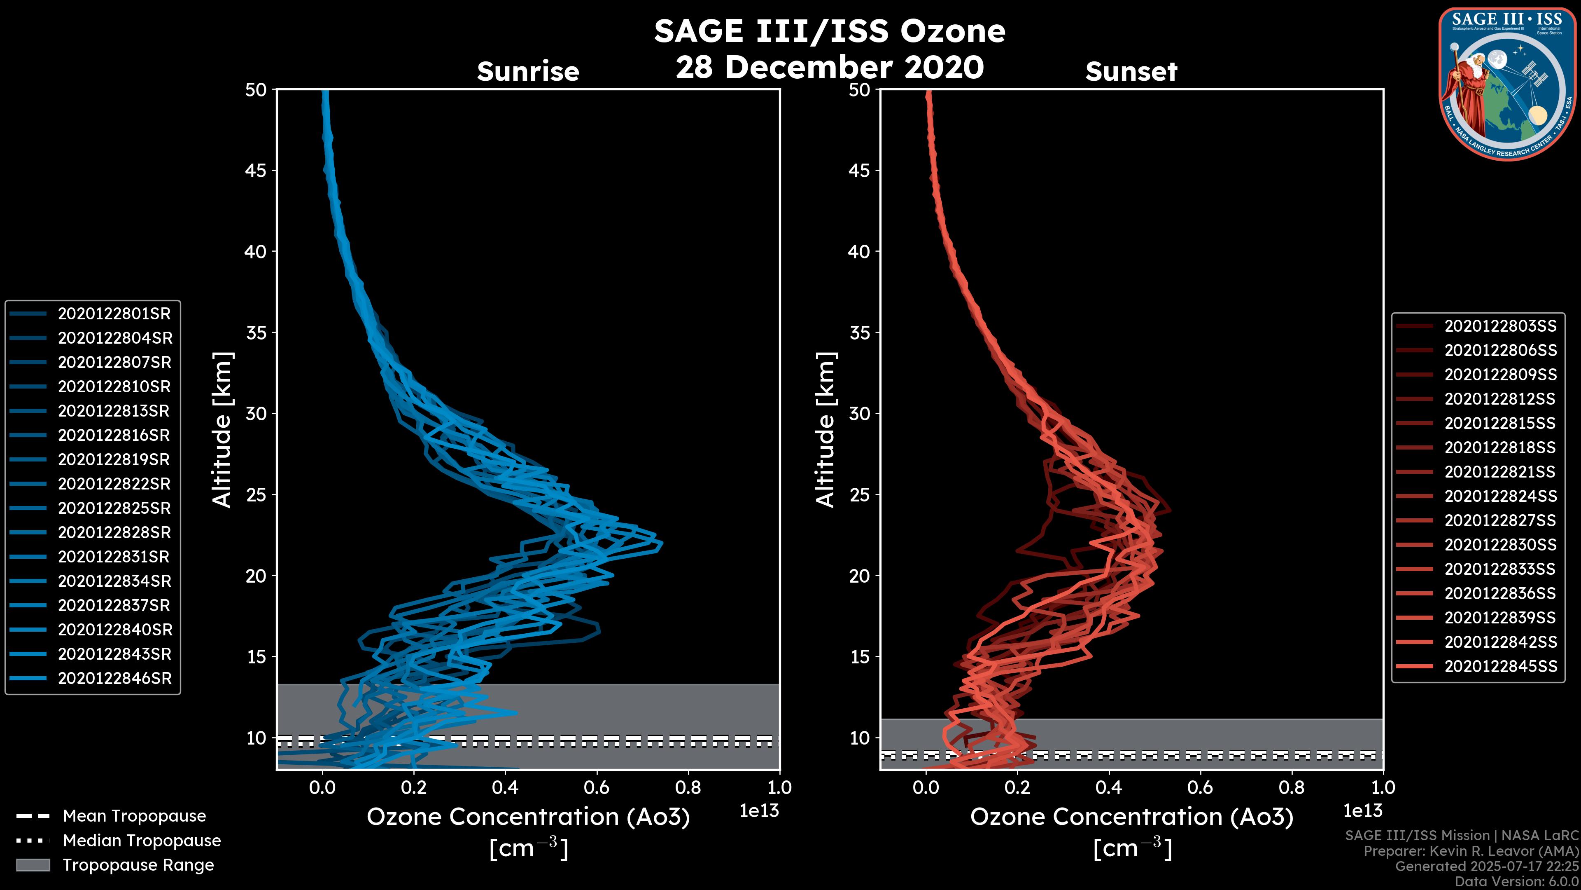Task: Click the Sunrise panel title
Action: pos(528,72)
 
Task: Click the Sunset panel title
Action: pos(1131,72)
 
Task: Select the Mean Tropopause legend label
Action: pos(134,816)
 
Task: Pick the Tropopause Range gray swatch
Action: pos(33,865)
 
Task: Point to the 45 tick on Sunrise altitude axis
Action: pos(256,171)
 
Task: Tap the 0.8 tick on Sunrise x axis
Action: pos(688,787)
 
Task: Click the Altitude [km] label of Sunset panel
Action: pos(825,430)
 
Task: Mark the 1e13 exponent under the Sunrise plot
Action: pos(759,811)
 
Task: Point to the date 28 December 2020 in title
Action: pos(830,68)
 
